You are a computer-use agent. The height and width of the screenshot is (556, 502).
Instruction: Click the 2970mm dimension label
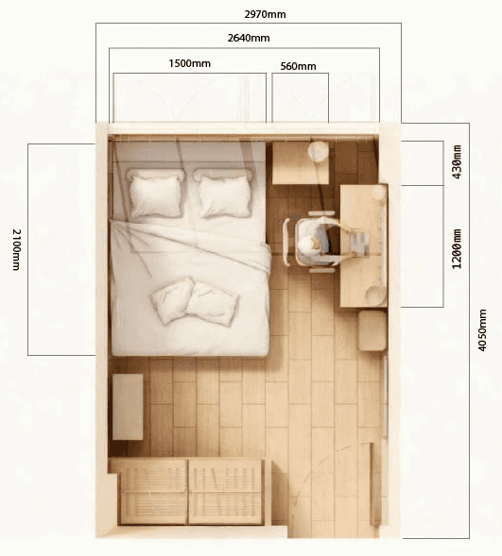tap(265, 14)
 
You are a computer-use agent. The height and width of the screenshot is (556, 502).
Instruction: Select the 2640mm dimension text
tap(249, 38)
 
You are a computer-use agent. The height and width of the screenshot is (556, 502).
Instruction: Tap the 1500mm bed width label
tap(190, 63)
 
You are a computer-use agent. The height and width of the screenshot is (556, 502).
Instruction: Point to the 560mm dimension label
tap(298, 66)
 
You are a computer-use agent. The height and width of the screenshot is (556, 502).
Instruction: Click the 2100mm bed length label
tap(16, 249)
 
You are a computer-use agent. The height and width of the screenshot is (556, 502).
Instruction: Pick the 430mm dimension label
tap(458, 161)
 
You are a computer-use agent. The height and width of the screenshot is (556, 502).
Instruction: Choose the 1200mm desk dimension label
tap(458, 249)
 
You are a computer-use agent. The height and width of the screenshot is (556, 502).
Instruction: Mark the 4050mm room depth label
tap(482, 330)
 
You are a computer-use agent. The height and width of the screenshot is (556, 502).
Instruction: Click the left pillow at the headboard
tap(156, 193)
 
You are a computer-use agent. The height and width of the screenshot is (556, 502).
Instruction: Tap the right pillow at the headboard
tap(224, 194)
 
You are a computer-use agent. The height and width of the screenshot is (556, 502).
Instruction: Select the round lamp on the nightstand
tap(318, 150)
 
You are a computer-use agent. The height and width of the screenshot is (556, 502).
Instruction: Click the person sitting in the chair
tap(315, 241)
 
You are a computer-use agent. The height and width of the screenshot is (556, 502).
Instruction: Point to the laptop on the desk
tap(359, 243)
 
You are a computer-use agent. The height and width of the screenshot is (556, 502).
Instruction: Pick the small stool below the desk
tap(372, 330)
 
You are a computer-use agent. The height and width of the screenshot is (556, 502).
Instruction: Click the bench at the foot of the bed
tap(128, 406)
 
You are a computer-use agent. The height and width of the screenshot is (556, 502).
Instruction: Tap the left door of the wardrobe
tap(153, 491)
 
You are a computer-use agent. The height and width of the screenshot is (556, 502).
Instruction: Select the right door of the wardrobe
tap(226, 491)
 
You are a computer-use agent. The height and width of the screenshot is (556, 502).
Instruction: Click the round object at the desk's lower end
tap(375, 294)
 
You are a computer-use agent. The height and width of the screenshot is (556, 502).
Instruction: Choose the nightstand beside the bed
tap(301, 162)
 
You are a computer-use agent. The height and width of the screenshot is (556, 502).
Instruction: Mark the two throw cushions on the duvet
tap(195, 301)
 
